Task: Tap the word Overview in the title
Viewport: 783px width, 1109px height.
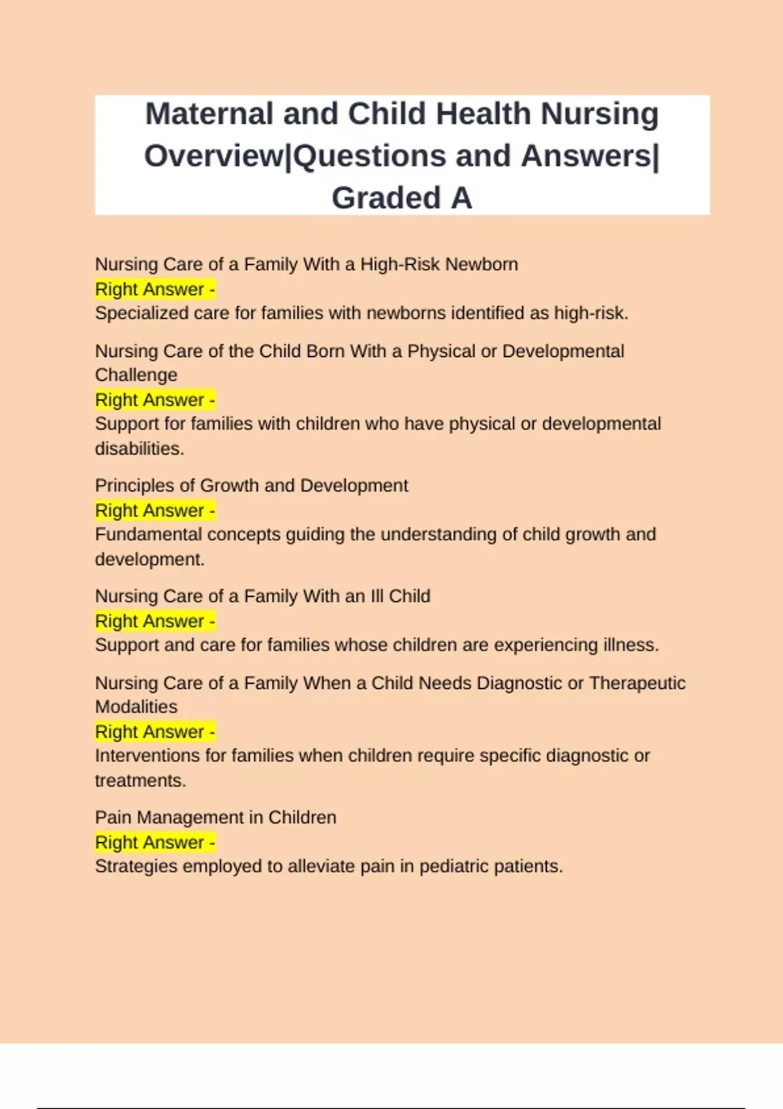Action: tap(214, 157)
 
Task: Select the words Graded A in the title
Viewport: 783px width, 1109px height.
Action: tap(401, 198)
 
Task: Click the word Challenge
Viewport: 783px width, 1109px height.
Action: tap(136, 375)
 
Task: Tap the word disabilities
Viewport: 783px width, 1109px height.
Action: tap(139, 449)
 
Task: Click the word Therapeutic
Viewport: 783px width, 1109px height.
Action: tap(637, 683)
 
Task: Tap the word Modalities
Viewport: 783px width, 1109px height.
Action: tap(136, 707)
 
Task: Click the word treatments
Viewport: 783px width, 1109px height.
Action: tap(140, 781)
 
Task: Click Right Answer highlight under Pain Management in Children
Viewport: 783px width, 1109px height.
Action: tap(155, 843)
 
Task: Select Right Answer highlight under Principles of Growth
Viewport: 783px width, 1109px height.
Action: tap(155, 511)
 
